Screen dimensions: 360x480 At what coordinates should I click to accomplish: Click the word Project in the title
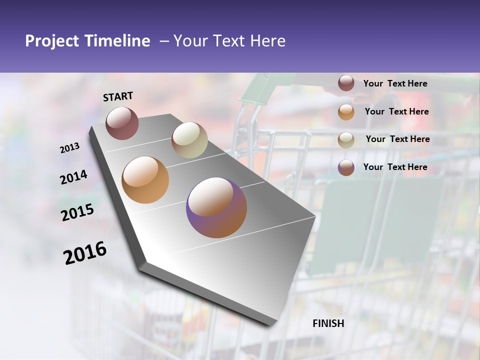(x=52, y=41)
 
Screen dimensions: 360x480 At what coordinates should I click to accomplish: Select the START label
(x=118, y=96)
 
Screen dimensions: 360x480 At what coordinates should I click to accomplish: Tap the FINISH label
(x=328, y=323)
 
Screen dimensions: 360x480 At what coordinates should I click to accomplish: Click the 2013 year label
(x=69, y=148)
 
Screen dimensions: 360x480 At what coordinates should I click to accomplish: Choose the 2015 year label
(x=77, y=212)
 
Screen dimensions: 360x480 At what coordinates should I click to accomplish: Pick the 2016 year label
(x=85, y=253)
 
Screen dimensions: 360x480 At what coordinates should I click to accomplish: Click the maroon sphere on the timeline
(x=122, y=123)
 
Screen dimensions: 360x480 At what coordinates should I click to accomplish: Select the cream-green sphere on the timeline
(x=189, y=140)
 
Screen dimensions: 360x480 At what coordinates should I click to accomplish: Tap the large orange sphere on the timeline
(x=145, y=180)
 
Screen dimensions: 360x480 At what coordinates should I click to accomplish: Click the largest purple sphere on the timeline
(x=216, y=207)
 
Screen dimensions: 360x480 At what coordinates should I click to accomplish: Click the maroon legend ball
(x=346, y=83)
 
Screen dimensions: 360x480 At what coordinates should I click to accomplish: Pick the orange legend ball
(x=346, y=111)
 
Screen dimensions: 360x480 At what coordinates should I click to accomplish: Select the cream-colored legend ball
(x=346, y=139)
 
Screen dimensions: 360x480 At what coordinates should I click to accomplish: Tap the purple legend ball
(x=346, y=167)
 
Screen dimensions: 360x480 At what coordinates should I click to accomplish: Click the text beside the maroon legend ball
(x=395, y=83)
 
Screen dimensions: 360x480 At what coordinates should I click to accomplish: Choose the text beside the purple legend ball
(x=395, y=167)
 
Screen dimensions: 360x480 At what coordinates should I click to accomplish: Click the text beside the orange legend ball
(x=396, y=111)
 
